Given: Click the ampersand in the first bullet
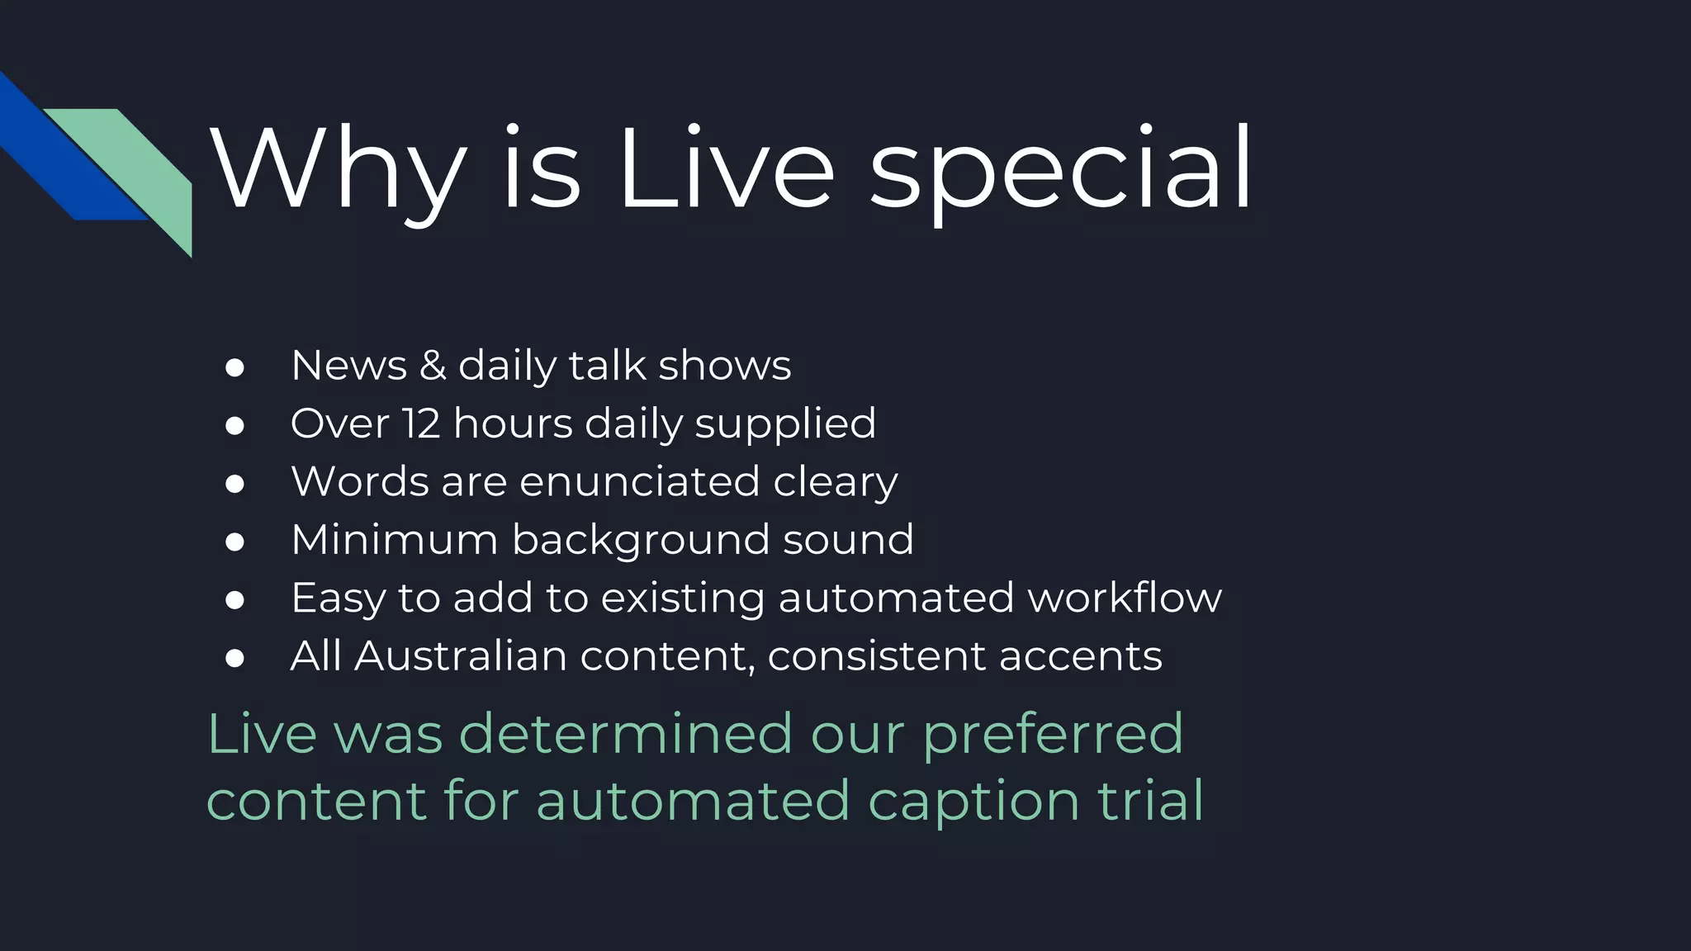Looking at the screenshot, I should (x=433, y=365).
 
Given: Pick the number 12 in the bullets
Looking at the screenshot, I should (x=421, y=423).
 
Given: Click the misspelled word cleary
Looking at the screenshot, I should (x=835, y=482).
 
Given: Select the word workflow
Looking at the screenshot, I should (x=1125, y=598).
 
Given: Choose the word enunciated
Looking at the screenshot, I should (x=639, y=482).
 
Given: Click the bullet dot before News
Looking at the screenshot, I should (x=234, y=367).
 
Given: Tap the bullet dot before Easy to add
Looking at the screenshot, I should (x=234, y=600).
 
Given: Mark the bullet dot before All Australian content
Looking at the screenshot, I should (x=234, y=659).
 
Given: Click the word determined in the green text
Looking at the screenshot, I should (x=626, y=733).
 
